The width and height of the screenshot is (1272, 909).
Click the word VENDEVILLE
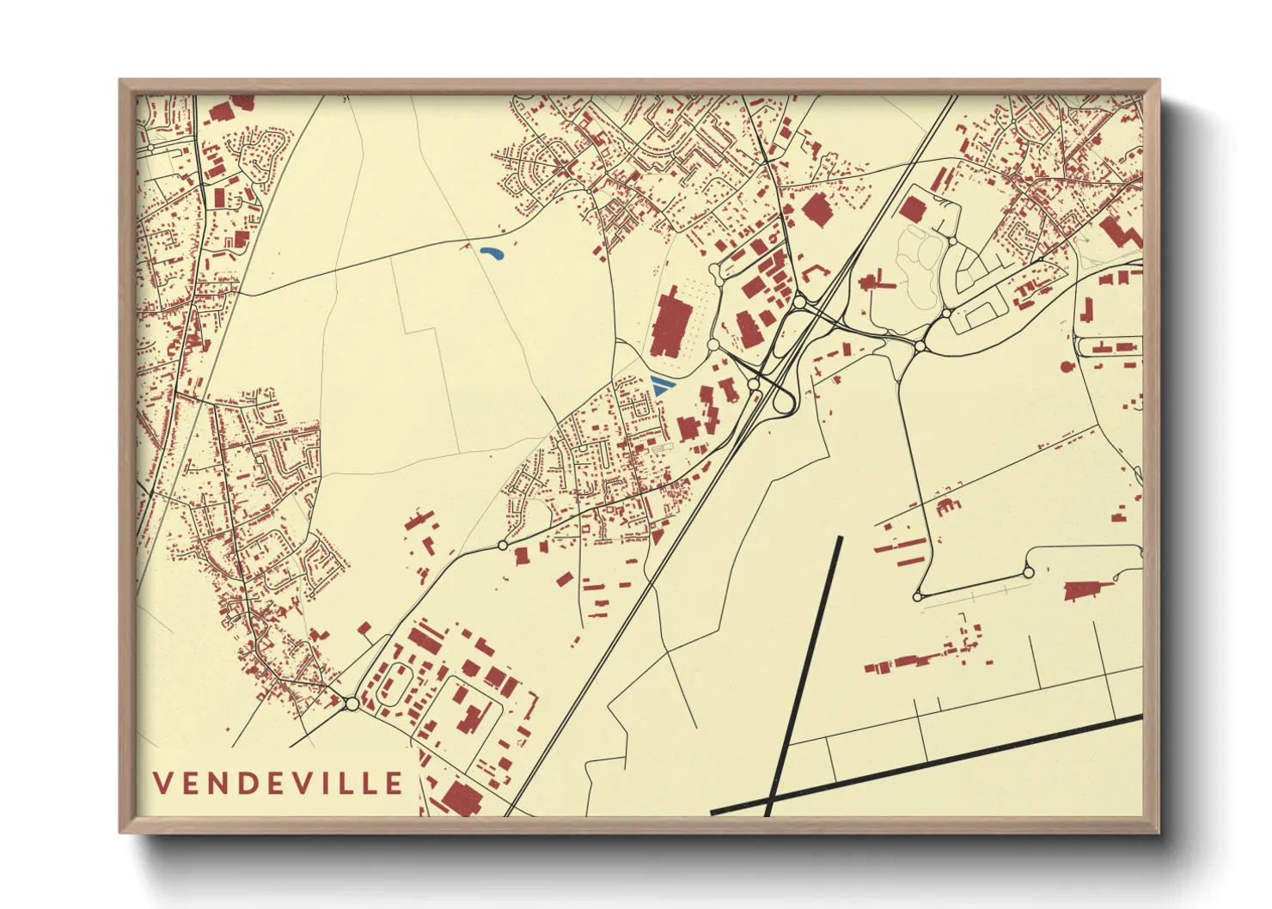[278, 783]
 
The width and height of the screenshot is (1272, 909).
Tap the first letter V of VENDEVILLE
[162, 783]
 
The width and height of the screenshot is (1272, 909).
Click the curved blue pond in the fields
[492, 253]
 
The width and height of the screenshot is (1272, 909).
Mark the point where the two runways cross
[767, 805]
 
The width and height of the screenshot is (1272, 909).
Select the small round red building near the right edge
[1067, 367]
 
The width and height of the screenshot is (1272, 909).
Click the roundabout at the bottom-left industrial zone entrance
[352, 705]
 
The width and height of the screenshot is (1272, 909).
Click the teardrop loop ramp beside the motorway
[784, 400]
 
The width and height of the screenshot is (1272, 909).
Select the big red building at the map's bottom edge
[459, 798]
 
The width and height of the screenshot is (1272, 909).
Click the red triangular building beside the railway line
[657, 537]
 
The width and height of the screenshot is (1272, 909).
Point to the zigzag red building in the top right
[1120, 230]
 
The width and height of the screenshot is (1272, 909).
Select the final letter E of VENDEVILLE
[394, 783]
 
